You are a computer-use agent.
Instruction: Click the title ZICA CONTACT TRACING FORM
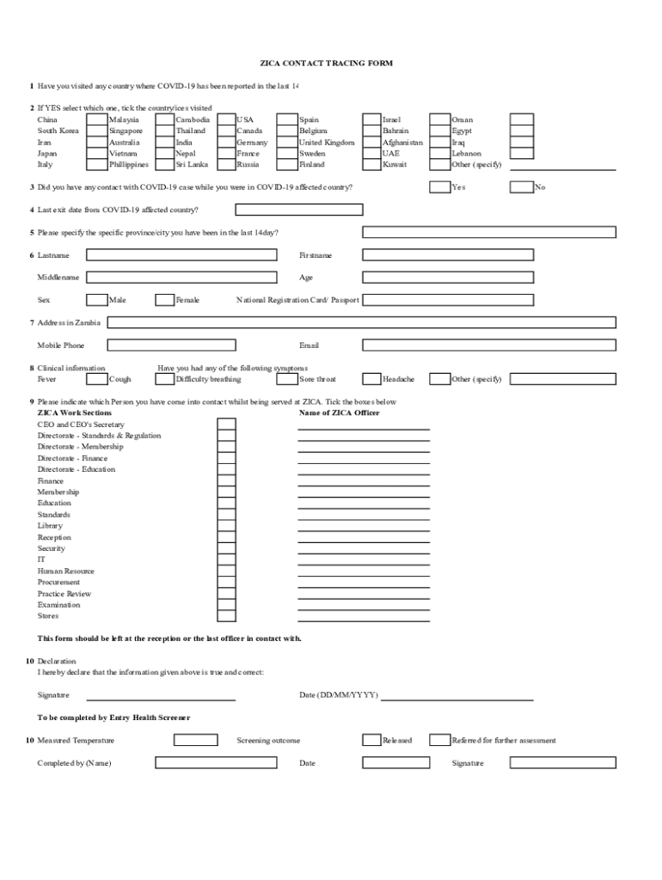326,64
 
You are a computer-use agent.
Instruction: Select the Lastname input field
181,255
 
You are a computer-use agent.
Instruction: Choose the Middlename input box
181,278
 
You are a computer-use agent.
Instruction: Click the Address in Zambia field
361,322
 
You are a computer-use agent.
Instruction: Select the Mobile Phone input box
181,345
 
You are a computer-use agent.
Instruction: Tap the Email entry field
489,345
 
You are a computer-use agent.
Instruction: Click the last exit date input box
299,210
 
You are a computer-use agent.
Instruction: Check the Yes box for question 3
439,187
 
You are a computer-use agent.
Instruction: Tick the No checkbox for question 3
521,187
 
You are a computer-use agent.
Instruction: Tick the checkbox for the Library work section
226,526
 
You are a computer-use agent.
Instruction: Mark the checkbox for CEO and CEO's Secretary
226,425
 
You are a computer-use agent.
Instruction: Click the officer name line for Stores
364,617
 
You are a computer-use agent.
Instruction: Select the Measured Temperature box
195,740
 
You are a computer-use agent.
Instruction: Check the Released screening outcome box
371,740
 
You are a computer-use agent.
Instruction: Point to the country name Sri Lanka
192,164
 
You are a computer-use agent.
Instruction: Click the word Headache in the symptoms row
398,379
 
